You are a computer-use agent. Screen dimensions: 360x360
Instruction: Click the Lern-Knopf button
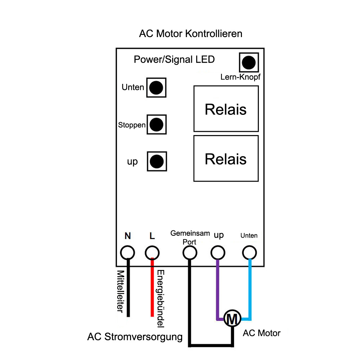pyautogui.click(x=248, y=63)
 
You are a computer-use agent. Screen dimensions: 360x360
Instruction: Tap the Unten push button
pyautogui.click(x=156, y=87)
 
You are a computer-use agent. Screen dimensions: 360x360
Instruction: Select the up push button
pyautogui.click(x=156, y=161)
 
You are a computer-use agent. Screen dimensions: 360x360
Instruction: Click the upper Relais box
pyautogui.click(x=226, y=109)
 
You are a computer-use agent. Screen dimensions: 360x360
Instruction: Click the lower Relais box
pyautogui.click(x=226, y=158)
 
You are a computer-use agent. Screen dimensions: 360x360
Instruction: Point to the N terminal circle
pyautogui.click(x=127, y=253)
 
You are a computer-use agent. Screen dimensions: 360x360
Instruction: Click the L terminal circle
pyautogui.click(x=152, y=253)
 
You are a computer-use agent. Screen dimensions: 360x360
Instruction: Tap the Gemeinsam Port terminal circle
pyautogui.click(x=190, y=253)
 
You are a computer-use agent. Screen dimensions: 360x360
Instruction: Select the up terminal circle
pyautogui.click(x=217, y=253)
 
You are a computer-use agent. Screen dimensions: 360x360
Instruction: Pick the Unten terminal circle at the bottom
pyautogui.click(x=249, y=253)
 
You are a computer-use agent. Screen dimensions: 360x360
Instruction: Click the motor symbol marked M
pyautogui.click(x=231, y=318)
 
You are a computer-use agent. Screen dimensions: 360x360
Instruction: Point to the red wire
pyautogui.click(x=152, y=288)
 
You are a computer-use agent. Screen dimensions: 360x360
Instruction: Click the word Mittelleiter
pyautogui.click(x=121, y=292)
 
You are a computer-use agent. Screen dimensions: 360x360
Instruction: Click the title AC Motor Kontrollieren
pyautogui.click(x=190, y=34)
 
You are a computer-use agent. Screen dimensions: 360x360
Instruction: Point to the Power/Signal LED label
pyautogui.click(x=174, y=59)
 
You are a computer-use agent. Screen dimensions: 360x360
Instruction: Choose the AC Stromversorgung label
pyautogui.click(x=135, y=337)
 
